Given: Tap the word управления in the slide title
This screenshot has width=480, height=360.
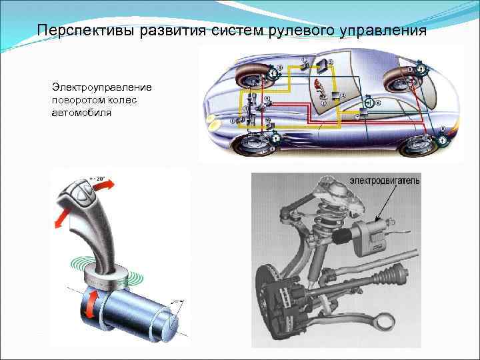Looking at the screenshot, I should (x=380, y=31).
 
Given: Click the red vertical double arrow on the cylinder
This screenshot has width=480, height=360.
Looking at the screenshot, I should (x=88, y=305).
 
